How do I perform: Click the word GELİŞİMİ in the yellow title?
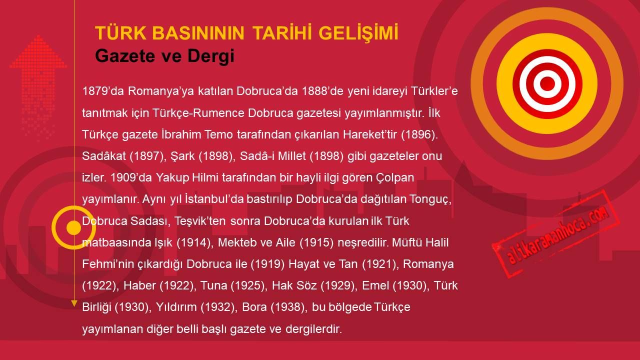click(x=358, y=33)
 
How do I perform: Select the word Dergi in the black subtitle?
click(x=211, y=56)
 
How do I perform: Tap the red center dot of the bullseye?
click(x=547, y=83)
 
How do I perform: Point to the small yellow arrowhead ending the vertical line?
click(x=74, y=303)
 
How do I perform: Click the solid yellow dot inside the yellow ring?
click(x=73, y=227)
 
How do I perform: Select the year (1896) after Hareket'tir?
click(x=419, y=134)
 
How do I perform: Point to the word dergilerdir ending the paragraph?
click(x=313, y=329)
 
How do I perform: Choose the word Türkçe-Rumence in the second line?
click(x=198, y=113)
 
